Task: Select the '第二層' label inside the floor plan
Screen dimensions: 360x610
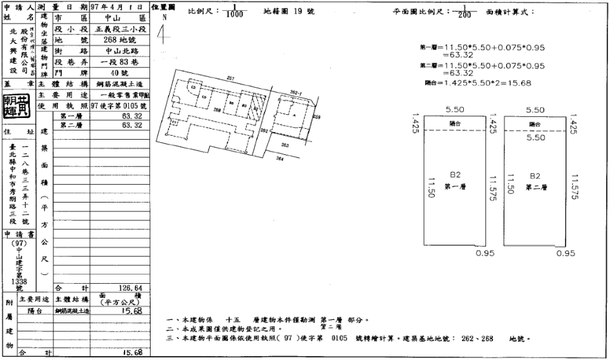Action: click(534, 187)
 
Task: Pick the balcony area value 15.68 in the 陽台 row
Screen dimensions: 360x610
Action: click(130, 310)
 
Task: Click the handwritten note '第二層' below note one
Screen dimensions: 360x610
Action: click(332, 326)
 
